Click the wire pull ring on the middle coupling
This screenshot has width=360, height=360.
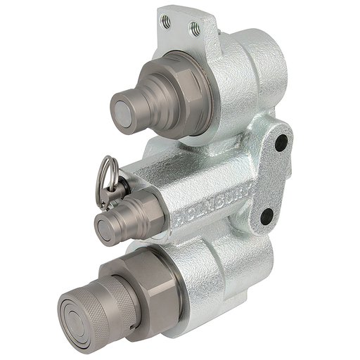[x=106, y=175]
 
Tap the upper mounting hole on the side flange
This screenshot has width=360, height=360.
[x=280, y=143]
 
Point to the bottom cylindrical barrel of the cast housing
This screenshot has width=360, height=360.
[x=232, y=274]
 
